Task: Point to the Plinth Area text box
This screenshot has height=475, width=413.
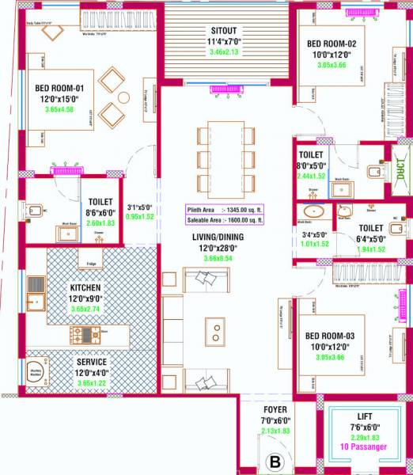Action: (x=224, y=210)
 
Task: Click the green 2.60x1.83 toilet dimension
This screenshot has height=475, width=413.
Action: (x=100, y=224)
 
